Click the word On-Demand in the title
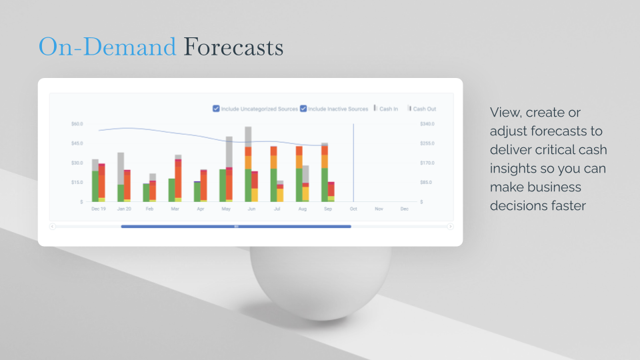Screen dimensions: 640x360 (x=107, y=47)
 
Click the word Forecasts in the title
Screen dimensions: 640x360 (x=233, y=47)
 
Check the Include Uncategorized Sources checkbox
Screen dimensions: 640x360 (x=216, y=109)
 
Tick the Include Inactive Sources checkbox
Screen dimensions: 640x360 (x=303, y=109)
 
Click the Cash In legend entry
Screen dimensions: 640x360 (x=386, y=109)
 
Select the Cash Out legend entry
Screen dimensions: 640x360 (x=422, y=109)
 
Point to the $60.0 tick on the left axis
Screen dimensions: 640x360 (x=77, y=124)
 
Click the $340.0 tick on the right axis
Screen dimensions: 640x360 (x=427, y=124)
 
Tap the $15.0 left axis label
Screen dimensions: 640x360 (x=77, y=183)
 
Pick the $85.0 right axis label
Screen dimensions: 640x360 (x=426, y=183)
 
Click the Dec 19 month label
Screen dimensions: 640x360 (x=99, y=209)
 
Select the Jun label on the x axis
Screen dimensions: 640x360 (x=251, y=209)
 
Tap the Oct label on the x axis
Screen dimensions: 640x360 (x=353, y=209)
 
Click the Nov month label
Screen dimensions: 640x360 (x=379, y=209)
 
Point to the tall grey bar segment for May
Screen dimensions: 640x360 (x=229, y=152)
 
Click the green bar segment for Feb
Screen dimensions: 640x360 (x=146, y=193)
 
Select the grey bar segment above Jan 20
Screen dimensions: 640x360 (x=121, y=169)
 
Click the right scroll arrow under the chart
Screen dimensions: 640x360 (x=450, y=227)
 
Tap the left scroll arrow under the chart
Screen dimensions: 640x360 (x=53, y=227)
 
